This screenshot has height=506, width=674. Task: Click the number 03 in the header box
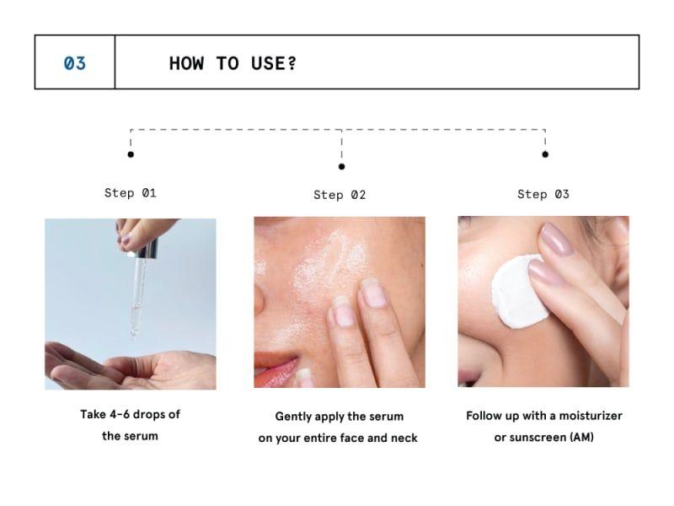tap(75, 62)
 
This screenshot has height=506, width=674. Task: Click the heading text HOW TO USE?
tap(233, 63)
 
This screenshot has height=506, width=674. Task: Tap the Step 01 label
tap(131, 193)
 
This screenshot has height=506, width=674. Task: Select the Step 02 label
tap(340, 195)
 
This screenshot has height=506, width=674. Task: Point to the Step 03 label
tap(543, 194)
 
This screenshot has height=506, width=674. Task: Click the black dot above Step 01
tap(130, 154)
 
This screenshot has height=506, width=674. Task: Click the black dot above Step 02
tap(341, 166)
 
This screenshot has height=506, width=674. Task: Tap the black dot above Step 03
tap(545, 154)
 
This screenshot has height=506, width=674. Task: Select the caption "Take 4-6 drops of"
tap(130, 414)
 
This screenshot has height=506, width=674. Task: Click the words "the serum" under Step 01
tap(130, 436)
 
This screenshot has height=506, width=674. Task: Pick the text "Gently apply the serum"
tap(339, 417)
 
